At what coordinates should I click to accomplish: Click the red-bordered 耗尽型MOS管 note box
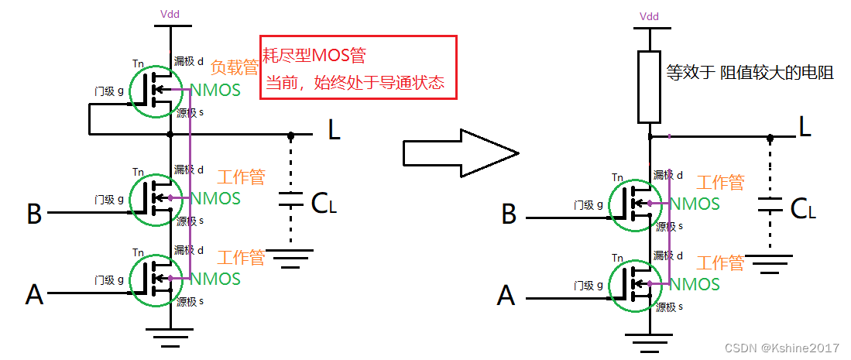(x=359, y=67)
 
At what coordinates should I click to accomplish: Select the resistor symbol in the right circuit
(x=649, y=87)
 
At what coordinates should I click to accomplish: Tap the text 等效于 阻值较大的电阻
(x=750, y=73)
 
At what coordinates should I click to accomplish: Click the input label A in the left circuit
(x=34, y=294)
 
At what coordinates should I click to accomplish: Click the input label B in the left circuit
(x=34, y=214)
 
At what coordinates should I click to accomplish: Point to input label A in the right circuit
(x=506, y=295)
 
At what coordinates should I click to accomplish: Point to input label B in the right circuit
(x=509, y=214)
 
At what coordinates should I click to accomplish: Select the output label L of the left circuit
(x=334, y=131)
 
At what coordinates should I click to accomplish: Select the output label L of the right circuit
(x=805, y=126)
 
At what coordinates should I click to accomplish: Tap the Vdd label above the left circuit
(x=168, y=14)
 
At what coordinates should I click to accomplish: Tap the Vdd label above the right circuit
(x=649, y=16)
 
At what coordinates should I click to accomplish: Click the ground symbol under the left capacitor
(x=290, y=257)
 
